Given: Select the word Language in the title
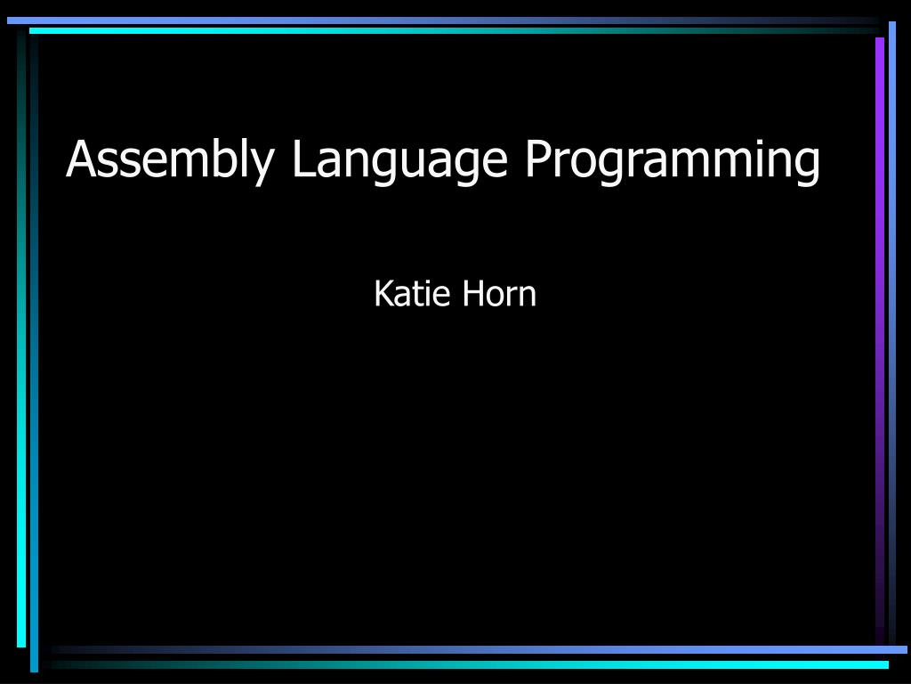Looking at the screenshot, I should coord(399,160).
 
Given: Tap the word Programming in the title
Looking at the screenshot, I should coord(672,160).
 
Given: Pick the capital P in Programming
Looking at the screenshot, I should coord(536,159).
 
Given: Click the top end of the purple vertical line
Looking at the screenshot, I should coord(880,39).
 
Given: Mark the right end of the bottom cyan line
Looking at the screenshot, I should coord(886,664).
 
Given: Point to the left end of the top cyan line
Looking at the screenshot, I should coord(31,30).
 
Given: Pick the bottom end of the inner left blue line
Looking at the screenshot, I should coord(35,669).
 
